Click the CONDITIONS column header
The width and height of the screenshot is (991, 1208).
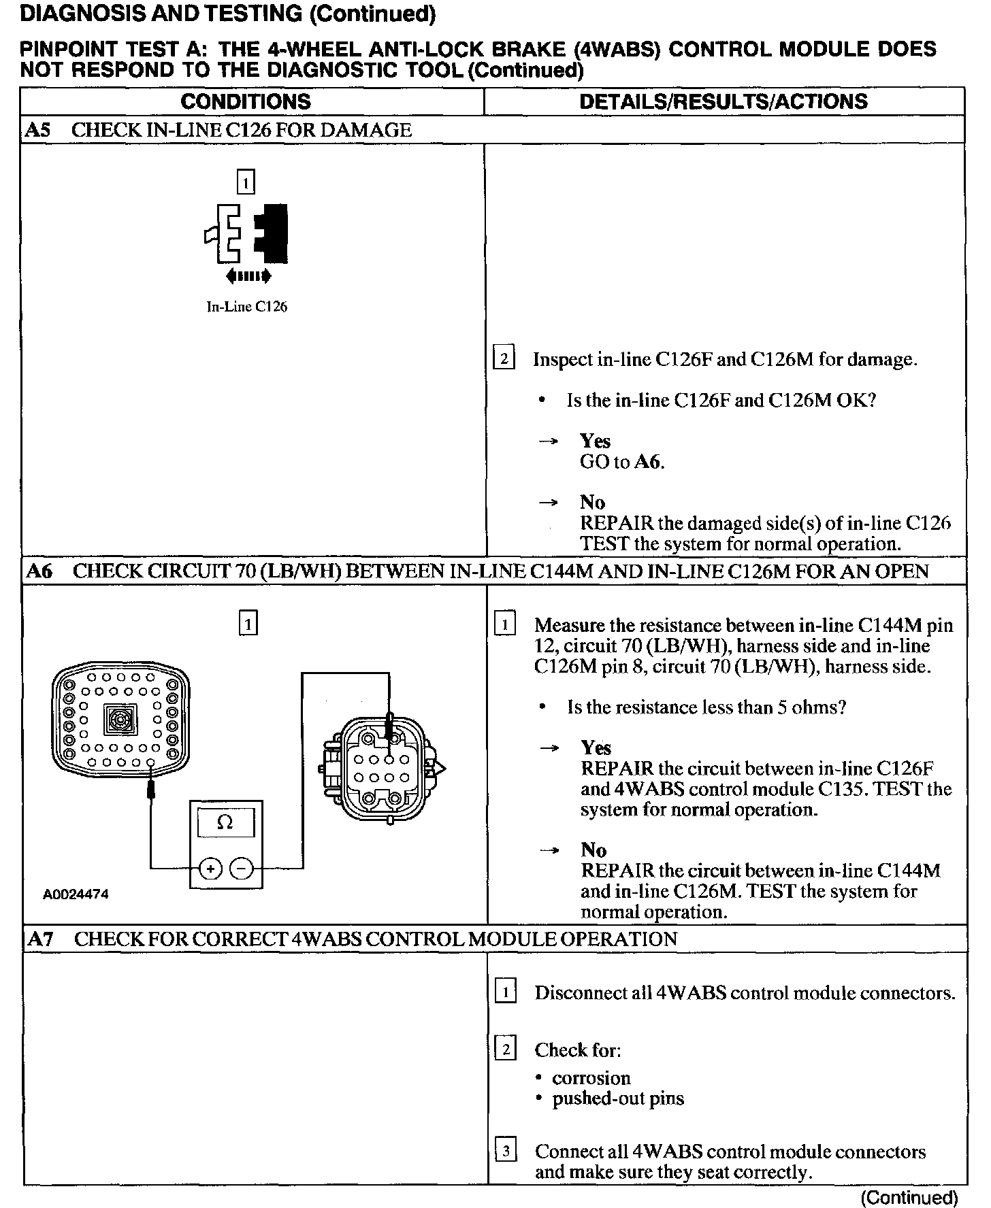click(x=246, y=102)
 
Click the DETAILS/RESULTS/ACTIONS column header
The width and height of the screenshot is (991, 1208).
click(x=724, y=102)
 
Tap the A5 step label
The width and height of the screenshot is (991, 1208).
click(x=38, y=130)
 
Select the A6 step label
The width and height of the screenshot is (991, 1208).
click(x=39, y=571)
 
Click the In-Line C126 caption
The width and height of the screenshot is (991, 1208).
click(x=246, y=307)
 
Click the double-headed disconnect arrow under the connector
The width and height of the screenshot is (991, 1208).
click(x=248, y=275)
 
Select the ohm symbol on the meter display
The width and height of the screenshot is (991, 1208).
click(x=225, y=823)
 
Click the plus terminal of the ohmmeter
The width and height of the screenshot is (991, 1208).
click(x=210, y=869)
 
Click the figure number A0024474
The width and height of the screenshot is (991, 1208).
click(x=76, y=894)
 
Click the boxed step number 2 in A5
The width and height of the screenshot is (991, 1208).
click(x=504, y=358)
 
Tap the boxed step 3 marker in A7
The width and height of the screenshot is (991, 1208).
click(x=506, y=1152)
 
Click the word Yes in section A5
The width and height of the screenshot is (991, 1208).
click(x=595, y=441)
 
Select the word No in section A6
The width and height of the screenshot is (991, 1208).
click(x=594, y=850)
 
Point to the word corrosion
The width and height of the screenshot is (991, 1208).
click(x=591, y=1078)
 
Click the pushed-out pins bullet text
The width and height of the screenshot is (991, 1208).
click(x=617, y=1098)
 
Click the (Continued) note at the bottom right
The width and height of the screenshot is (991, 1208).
click(x=909, y=1197)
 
